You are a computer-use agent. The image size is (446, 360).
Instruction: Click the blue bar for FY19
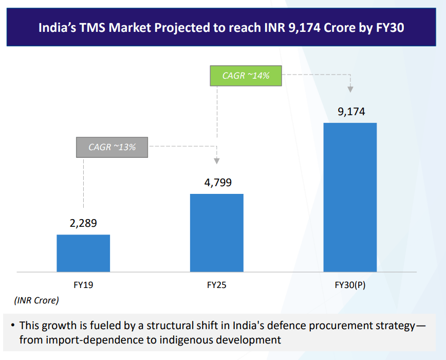[83, 253]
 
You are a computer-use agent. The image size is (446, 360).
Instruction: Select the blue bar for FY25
[217, 232]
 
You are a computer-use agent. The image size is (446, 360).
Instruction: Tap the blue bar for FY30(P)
[350, 197]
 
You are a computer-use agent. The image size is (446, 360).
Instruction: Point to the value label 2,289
[83, 223]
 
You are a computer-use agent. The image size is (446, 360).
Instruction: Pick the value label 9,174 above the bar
[351, 111]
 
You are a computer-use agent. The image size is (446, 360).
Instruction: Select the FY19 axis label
[83, 285]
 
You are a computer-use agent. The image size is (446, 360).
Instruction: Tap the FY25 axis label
[217, 285]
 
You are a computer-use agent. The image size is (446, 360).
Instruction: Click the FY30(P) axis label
[350, 285]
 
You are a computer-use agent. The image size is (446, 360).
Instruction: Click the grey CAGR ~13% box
[112, 147]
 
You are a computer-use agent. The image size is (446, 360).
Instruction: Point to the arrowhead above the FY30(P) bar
[350, 89]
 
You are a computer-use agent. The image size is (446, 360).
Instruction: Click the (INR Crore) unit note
[36, 300]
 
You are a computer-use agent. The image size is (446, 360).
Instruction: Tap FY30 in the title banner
[391, 27]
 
